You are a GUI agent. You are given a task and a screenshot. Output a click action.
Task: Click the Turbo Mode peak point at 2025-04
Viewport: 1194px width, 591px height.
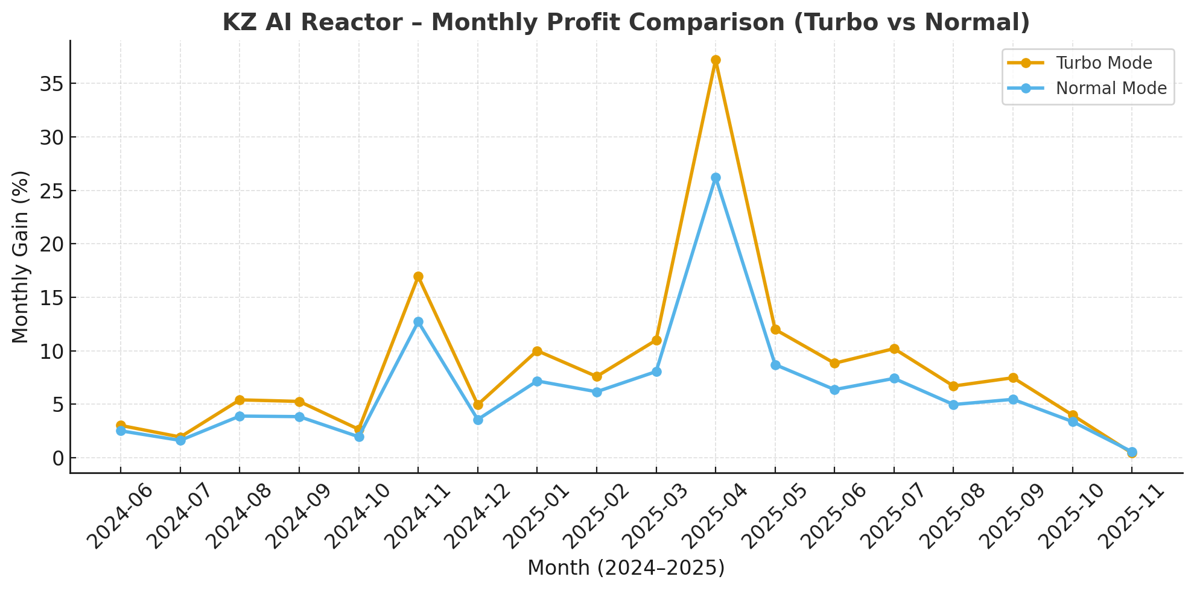[716, 60]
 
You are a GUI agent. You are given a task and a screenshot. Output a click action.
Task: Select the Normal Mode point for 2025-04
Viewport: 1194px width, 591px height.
[716, 178]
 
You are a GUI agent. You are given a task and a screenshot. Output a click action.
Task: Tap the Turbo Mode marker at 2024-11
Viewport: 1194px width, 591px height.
[418, 277]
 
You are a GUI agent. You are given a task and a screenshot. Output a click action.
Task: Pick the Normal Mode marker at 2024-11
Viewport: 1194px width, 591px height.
[418, 322]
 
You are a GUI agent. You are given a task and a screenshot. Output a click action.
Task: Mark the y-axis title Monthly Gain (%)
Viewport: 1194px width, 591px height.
[21, 257]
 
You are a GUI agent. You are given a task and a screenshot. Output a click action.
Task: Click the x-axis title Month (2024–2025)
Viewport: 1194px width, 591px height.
[626, 568]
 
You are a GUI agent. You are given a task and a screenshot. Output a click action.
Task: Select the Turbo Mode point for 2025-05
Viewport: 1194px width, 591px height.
[775, 330]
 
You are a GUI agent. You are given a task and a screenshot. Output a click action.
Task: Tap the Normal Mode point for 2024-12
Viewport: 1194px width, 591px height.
[478, 420]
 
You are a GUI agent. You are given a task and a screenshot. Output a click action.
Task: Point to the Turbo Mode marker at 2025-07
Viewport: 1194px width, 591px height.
[894, 349]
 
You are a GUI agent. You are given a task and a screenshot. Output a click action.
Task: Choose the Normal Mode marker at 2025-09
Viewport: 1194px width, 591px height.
[1013, 400]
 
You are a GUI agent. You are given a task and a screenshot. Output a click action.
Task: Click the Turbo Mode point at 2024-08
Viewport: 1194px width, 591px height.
[240, 400]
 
